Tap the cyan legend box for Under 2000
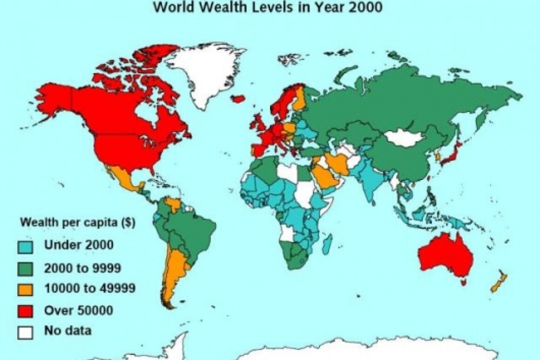tap(26, 245)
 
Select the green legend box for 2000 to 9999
tap(26, 267)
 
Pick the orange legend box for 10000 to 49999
tap(26, 289)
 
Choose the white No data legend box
tap(26, 332)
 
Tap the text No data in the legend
tap(67, 332)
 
